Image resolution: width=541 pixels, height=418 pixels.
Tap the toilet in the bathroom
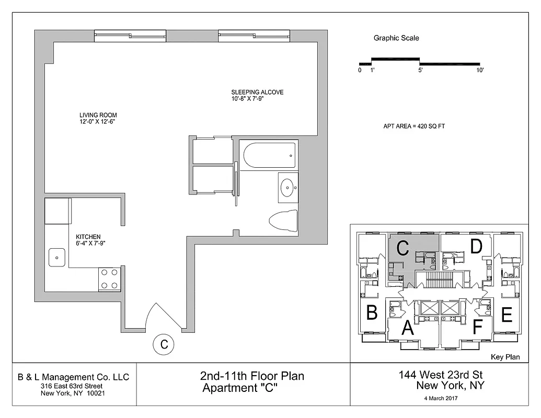[x=283, y=221]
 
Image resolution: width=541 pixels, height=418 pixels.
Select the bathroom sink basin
[x=287, y=187]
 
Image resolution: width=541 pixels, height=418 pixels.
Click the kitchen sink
[x=56, y=257]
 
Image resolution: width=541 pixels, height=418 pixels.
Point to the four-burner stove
[x=110, y=278]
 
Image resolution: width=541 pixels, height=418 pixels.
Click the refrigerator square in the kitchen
[x=57, y=211]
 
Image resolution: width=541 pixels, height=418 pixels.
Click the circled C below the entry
[x=164, y=344]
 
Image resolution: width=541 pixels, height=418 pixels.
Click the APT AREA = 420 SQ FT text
[x=413, y=126]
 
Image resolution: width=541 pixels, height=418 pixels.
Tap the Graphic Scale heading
[x=396, y=38]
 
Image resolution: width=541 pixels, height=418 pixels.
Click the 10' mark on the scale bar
[x=479, y=70]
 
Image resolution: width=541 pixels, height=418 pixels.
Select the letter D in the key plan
[x=475, y=246]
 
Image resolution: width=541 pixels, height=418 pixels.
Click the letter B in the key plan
[x=372, y=312]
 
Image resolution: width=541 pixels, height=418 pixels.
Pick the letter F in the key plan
[x=477, y=327]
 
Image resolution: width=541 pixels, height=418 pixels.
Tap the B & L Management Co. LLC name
[x=73, y=377]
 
